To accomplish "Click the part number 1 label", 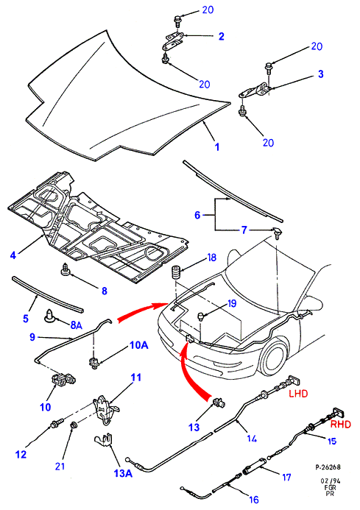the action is [x=217, y=147].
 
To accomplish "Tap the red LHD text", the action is [x=298, y=394].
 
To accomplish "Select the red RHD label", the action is [x=340, y=424].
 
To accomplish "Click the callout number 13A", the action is [x=123, y=473].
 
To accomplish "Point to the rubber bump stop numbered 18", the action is [x=177, y=272].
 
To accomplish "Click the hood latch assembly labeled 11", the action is [x=105, y=410].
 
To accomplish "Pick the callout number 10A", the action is [x=139, y=345].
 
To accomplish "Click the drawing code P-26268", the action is [x=328, y=467].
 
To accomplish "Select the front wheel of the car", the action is [x=273, y=358].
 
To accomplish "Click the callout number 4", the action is [x=13, y=255].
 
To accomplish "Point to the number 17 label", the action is [x=286, y=478].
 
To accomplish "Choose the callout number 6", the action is [x=197, y=216].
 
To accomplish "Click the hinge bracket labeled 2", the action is [x=172, y=40].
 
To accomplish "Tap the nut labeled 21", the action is [x=74, y=425].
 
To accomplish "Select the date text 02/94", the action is [x=331, y=481].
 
